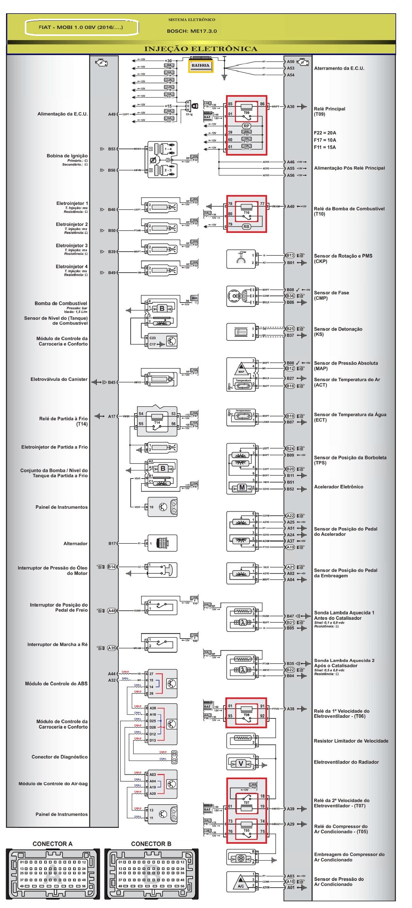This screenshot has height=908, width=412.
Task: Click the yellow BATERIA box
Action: [x=200, y=66]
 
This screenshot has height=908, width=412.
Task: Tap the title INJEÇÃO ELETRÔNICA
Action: [x=201, y=49]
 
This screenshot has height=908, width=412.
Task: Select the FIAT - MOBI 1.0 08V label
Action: [x=81, y=27]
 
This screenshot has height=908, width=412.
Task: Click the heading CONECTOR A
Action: [x=52, y=843]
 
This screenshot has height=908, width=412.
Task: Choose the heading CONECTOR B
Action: [x=151, y=843]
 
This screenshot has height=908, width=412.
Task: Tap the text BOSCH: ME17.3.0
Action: [x=192, y=31]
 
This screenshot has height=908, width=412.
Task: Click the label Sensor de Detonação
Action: [x=338, y=329]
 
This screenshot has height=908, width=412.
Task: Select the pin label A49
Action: [x=112, y=114]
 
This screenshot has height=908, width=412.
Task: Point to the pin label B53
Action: [x=112, y=149]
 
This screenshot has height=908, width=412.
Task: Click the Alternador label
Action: [x=75, y=543]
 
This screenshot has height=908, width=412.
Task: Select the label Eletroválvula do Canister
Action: [x=59, y=379]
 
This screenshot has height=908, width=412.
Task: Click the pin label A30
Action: [x=291, y=107]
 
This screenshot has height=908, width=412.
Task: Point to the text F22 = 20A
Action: [x=325, y=133]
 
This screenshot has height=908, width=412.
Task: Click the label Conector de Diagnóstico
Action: [x=59, y=757]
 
